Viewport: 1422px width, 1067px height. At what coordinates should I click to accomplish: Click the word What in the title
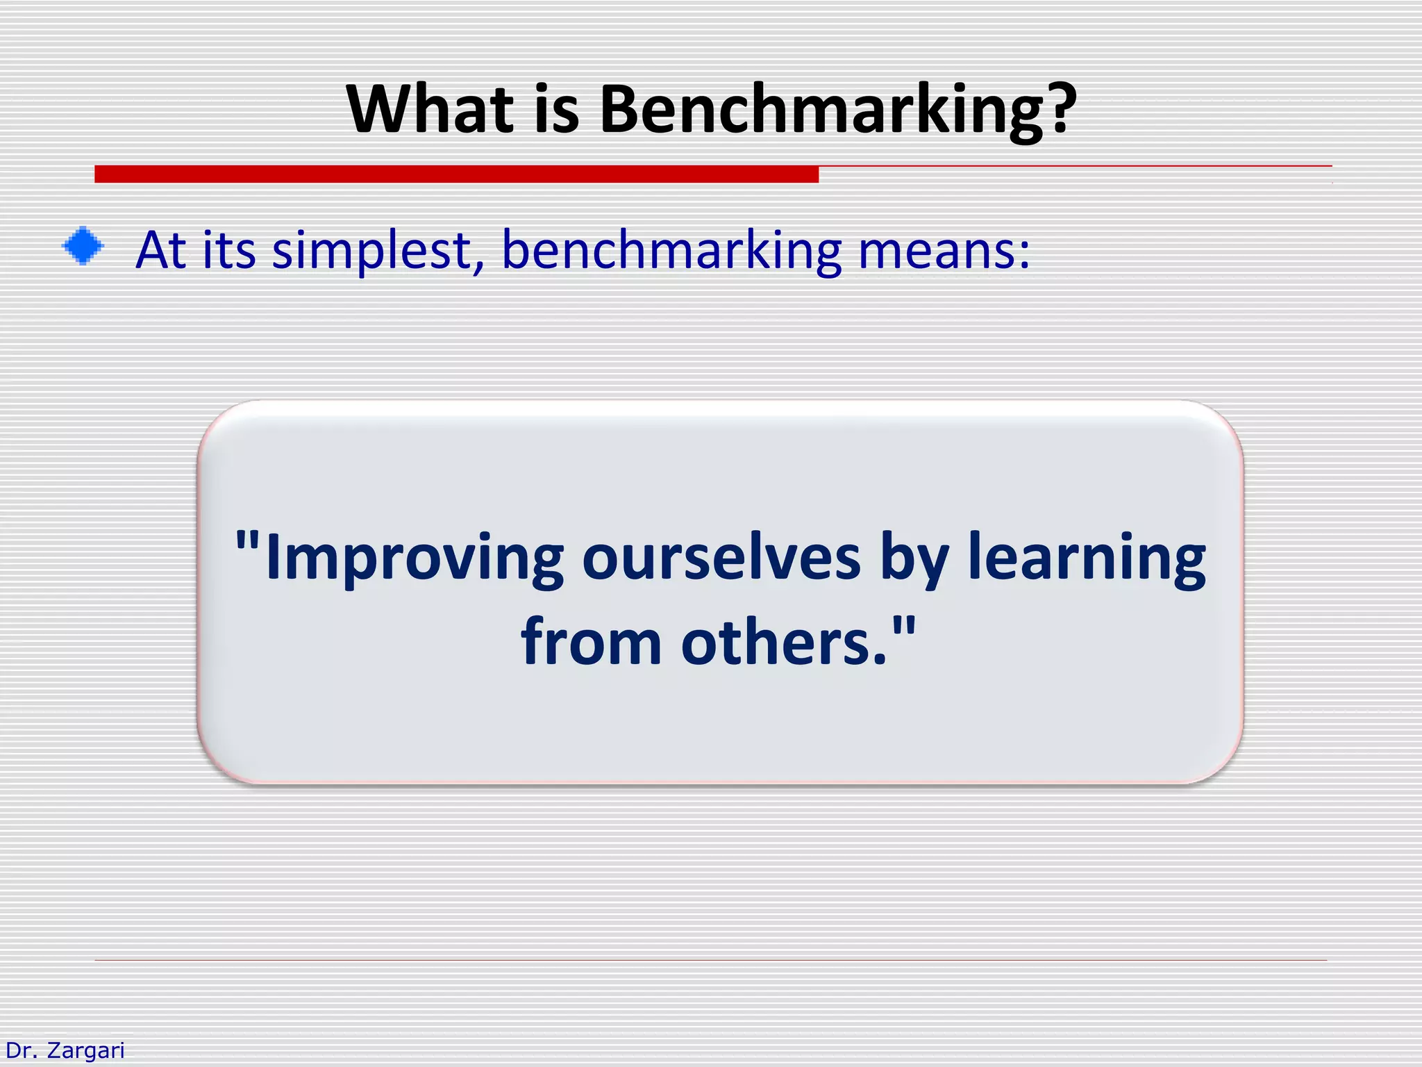[430, 109]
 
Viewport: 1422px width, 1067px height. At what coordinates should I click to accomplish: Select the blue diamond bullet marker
[83, 246]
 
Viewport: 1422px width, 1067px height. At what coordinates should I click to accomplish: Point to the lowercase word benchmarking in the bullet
[671, 250]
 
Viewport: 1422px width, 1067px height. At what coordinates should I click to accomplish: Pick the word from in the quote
[591, 643]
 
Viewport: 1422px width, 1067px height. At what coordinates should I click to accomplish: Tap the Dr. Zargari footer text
[65, 1050]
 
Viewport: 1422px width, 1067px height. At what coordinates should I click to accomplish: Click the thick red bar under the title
[456, 174]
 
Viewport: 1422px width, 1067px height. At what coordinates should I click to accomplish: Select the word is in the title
[556, 109]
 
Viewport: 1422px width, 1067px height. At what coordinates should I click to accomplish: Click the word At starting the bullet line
[160, 249]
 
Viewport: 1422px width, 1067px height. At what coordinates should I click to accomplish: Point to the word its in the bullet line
[229, 249]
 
